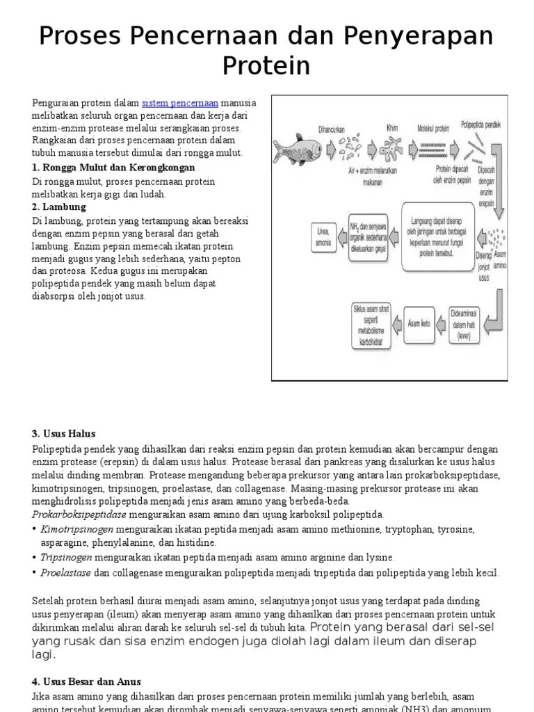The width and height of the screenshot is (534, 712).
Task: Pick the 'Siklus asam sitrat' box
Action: [x=373, y=323]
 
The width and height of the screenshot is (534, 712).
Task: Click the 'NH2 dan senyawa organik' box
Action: [x=369, y=236]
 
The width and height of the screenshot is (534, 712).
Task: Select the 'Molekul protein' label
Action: [x=432, y=128]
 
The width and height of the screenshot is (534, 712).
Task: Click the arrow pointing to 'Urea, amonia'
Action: [x=341, y=236]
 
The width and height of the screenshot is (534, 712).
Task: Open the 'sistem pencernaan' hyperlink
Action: [x=180, y=103]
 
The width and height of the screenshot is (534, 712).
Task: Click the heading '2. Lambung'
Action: [x=59, y=207]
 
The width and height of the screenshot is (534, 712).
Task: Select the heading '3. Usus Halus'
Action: [x=64, y=434]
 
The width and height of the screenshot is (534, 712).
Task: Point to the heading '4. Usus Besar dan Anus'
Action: [x=86, y=682]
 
